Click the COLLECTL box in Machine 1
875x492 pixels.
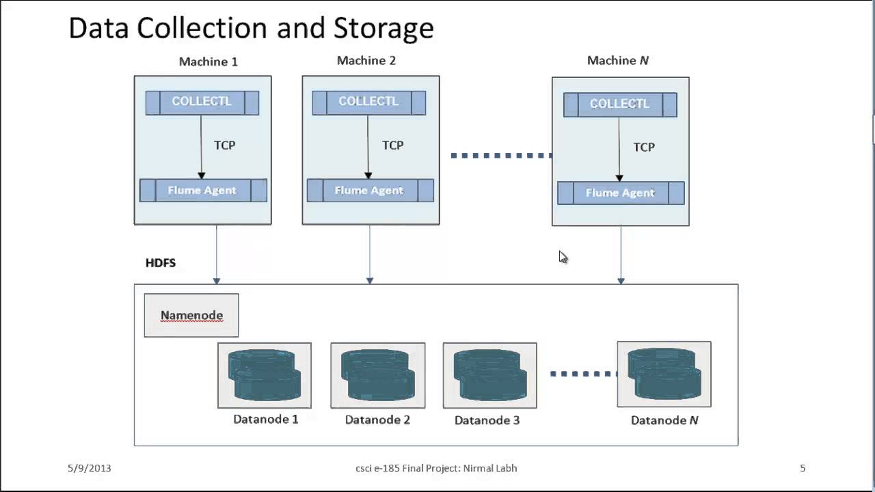[202, 102]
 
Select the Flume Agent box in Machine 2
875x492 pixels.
[370, 191]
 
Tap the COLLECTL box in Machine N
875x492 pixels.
[620, 105]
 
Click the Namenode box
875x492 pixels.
[191, 315]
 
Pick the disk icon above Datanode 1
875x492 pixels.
[265, 374]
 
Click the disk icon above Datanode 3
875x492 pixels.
[489, 374]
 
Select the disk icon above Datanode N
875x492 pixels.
[664, 374]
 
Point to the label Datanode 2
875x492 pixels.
[377, 420]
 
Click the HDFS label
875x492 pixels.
[161, 263]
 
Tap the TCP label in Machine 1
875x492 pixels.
[224, 146]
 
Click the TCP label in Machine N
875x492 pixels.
[643, 147]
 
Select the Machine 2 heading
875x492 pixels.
[366, 61]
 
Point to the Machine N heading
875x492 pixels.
[618, 61]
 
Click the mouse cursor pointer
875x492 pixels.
[563, 257]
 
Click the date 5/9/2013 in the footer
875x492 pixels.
[89, 468]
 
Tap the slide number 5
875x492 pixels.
[803, 468]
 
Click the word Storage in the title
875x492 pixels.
[383, 29]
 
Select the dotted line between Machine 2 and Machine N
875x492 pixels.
[501, 156]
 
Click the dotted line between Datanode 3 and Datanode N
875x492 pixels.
[583, 374]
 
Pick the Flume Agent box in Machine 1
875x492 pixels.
[203, 191]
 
